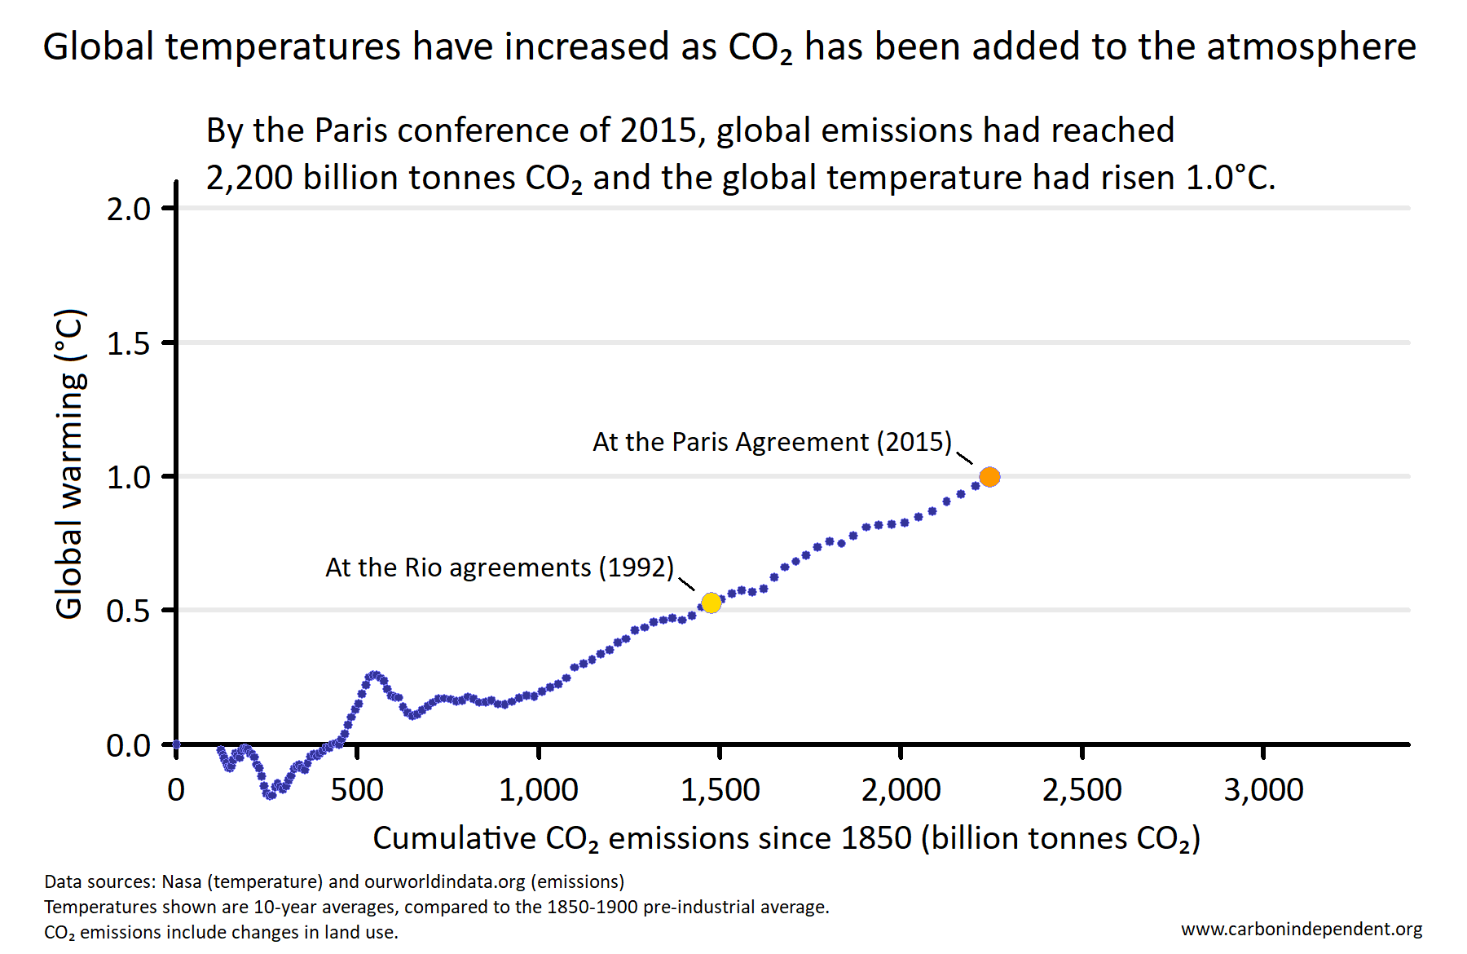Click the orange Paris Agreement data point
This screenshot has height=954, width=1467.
point(989,477)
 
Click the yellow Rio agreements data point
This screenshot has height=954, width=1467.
point(711,603)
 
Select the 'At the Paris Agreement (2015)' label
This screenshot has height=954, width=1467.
point(772,442)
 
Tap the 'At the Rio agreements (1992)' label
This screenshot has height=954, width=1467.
point(499,568)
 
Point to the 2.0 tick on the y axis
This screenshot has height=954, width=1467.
point(129,209)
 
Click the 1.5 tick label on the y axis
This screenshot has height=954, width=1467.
point(129,343)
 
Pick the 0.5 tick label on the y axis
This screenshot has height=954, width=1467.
point(129,611)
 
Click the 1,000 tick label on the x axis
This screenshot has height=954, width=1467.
point(539,789)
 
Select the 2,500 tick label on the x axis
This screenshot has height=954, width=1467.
point(1082,789)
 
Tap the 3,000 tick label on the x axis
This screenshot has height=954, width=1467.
point(1263,789)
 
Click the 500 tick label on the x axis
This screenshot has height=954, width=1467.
point(357,789)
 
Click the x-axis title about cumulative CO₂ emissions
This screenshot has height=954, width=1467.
point(786,838)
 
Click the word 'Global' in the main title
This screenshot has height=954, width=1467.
point(98,46)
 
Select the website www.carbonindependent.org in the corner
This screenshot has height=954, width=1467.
point(1302,929)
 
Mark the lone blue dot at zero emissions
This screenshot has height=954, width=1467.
point(176,744)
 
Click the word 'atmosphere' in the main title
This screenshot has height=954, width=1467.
point(1311,46)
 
